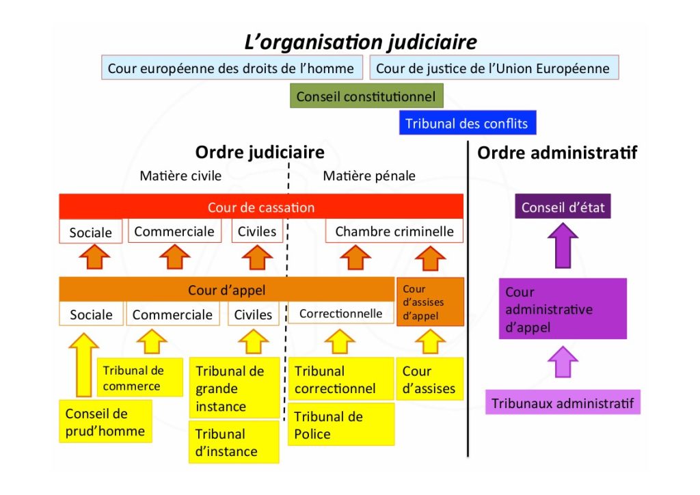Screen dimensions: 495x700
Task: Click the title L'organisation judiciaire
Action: (x=360, y=42)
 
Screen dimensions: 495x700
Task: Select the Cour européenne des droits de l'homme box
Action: (x=231, y=68)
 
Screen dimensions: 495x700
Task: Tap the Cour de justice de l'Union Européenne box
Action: (x=494, y=68)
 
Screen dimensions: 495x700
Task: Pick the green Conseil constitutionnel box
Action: (x=366, y=96)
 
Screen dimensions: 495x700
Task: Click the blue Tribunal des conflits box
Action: (x=467, y=124)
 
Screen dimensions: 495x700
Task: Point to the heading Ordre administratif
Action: (x=557, y=152)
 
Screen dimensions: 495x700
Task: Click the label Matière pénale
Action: (x=369, y=176)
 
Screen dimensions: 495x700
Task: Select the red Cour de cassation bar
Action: (x=261, y=207)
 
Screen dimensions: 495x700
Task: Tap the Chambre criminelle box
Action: (x=394, y=231)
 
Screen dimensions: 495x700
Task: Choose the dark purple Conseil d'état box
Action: (x=563, y=207)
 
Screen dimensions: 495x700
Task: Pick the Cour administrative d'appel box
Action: (x=563, y=309)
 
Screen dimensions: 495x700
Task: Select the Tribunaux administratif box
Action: (x=563, y=403)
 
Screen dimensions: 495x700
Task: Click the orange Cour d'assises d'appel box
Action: (x=430, y=302)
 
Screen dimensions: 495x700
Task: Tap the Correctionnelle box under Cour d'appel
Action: (x=340, y=314)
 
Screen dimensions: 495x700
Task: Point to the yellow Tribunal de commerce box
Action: (x=140, y=378)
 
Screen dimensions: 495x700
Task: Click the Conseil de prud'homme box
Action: (x=105, y=422)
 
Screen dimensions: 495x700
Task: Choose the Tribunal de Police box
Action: (x=340, y=425)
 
